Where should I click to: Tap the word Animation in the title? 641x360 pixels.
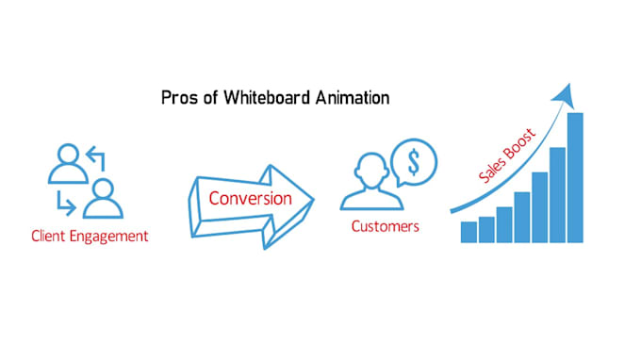353,98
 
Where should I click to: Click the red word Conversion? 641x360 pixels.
250,199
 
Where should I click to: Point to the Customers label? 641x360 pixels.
386,226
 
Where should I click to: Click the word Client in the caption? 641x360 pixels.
48,236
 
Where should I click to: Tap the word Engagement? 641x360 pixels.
108,237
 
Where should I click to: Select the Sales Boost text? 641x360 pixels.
507,155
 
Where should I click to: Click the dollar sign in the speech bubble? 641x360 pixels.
414,162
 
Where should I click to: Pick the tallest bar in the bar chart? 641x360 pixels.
575,178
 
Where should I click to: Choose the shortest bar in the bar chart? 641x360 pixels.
468,232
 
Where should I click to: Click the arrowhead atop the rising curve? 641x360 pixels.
564,95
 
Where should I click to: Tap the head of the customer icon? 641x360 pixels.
371,171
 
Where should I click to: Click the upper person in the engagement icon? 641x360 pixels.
68,163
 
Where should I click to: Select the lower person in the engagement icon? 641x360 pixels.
103,199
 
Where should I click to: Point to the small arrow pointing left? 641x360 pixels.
96,158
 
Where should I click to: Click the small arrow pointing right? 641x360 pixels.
66,203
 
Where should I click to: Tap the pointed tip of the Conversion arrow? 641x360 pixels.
314,200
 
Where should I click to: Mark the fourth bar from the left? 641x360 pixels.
522,218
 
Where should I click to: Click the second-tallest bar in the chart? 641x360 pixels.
558,195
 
